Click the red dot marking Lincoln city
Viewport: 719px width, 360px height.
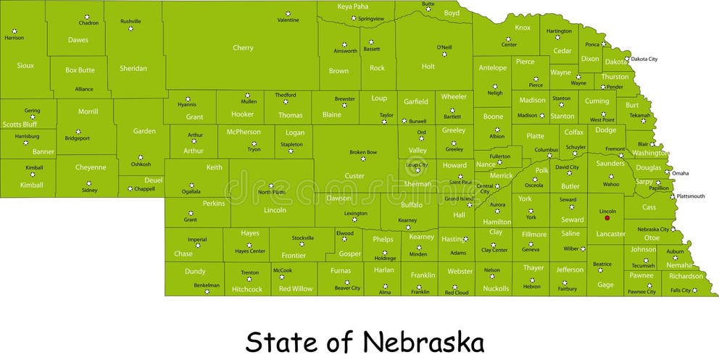pos(607,218)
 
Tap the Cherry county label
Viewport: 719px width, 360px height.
pos(243,48)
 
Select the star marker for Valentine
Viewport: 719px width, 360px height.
pos(288,13)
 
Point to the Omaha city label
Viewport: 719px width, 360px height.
pos(680,173)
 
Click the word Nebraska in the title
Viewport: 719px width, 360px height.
pos(423,340)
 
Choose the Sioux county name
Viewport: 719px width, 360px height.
pos(25,65)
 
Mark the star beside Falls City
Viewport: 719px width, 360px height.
pos(694,290)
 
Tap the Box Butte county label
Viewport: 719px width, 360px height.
pos(80,70)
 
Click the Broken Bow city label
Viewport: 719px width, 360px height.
pos(363,152)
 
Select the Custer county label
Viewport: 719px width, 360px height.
pos(354,176)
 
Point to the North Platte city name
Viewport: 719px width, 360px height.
pos(272,192)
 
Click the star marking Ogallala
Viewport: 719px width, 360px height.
pos(191,185)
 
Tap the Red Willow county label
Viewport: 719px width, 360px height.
pos(296,289)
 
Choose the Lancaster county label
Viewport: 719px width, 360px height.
pos(610,234)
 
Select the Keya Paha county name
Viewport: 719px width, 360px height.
pos(353,7)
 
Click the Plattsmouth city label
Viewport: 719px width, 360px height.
pos(691,196)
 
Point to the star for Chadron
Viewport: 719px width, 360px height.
pos(89,16)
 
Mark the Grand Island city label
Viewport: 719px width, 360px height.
pos(459,198)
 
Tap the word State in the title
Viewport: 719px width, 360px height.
pos(279,340)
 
